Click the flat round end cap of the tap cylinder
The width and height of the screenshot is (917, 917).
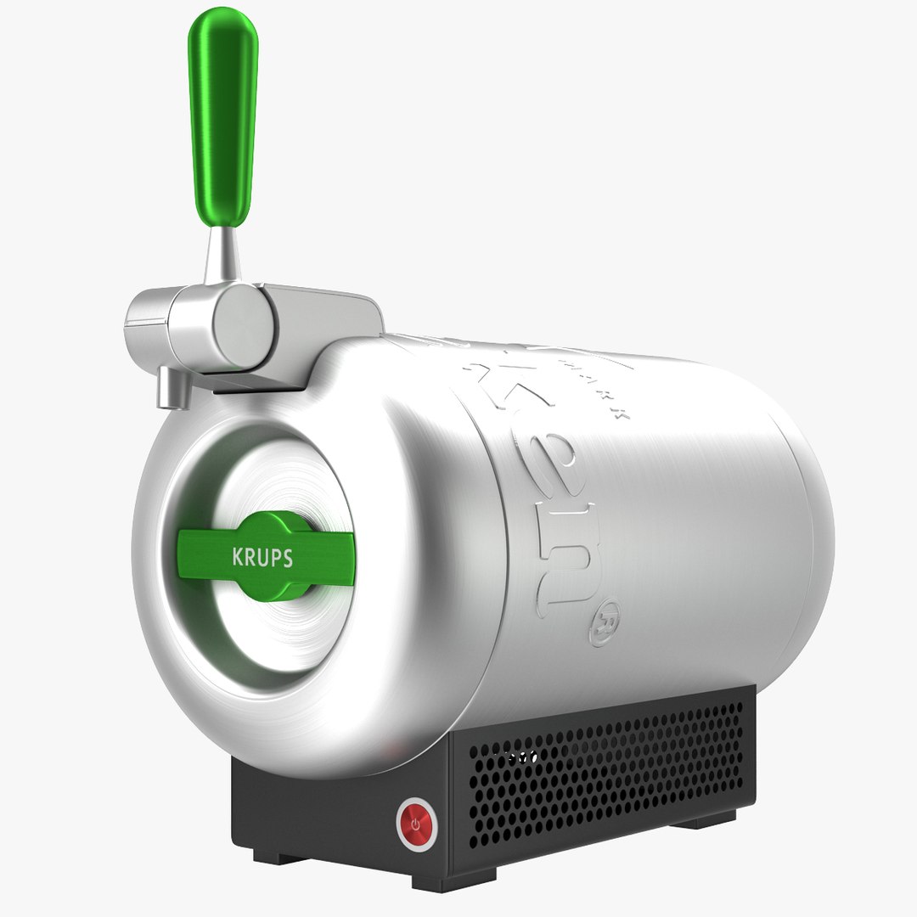[245, 326]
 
